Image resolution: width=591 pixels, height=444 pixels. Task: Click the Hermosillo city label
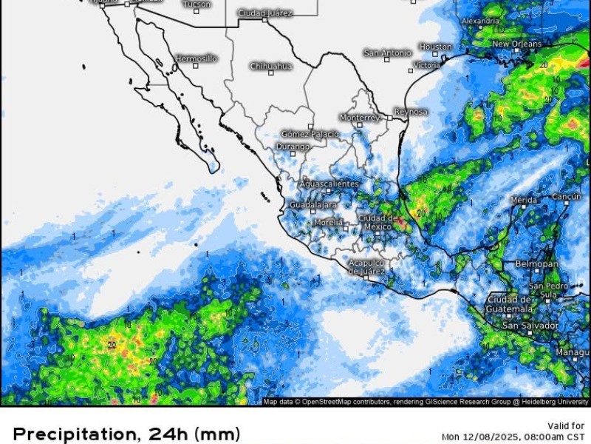197,58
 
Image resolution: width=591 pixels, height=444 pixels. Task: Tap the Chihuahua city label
270,66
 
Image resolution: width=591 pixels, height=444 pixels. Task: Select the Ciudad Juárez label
265,13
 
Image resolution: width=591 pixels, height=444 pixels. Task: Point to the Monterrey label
360,118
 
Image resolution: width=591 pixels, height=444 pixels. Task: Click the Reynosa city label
411,112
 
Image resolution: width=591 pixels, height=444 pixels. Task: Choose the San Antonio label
387,53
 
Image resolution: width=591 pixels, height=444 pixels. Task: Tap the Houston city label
436,47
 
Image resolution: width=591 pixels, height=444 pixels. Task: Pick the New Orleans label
516,44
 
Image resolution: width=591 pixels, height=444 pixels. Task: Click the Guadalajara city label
313,204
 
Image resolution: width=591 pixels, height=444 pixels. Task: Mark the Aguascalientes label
329,184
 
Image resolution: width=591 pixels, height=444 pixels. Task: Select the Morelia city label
328,222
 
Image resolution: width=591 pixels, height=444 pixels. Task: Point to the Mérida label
524,200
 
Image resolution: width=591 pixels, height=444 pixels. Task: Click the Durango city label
292,147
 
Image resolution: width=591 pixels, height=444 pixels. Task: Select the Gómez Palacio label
310,134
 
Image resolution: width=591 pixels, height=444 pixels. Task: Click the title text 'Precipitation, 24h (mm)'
126,433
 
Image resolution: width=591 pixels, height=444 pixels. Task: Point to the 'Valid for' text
567,425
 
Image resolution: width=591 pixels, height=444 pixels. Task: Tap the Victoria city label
426,65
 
